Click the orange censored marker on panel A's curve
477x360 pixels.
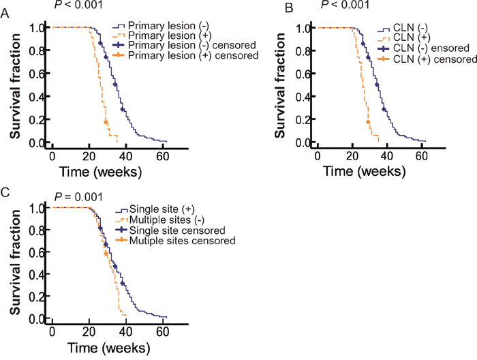106,122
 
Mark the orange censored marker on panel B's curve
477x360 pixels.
369,122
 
